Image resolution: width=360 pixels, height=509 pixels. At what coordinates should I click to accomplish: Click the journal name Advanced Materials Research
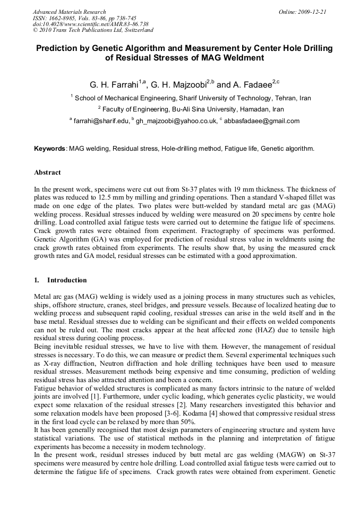coord(69,12)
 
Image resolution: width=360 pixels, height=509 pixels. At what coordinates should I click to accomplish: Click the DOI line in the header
coord(90,24)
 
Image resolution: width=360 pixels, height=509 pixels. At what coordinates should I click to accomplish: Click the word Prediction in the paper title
coord(58,48)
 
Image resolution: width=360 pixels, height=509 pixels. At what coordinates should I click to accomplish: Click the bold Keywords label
coord(50,149)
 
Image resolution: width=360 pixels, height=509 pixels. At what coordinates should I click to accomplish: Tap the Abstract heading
coord(47,172)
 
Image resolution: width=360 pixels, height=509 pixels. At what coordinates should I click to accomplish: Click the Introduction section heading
coord(67,280)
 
